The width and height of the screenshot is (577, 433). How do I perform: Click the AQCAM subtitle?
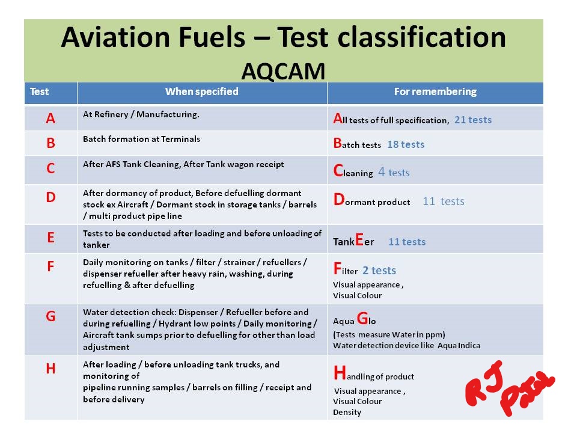[x=283, y=71]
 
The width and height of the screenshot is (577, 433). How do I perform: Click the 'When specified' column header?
[x=202, y=92]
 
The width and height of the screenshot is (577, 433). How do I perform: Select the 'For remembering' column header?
[x=435, y=92]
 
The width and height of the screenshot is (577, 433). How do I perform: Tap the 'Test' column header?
[x=40, y=92]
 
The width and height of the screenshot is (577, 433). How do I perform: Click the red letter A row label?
[x=50, y=119]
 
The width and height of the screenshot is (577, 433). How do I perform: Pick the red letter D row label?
[x=50, y=197]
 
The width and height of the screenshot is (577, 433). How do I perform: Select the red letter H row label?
[x=50, y=369]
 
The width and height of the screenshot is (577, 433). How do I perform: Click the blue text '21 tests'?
[x=473, y=120]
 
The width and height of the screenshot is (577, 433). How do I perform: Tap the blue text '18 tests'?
[x=406, y=144]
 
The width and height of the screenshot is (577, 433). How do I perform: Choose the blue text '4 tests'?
[x=394, y=173]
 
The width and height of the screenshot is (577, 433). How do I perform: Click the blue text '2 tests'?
[x=379, y=271]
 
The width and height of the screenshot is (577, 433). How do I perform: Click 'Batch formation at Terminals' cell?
[x=142, y=139]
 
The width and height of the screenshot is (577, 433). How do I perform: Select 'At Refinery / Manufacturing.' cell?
[x=141, y=114]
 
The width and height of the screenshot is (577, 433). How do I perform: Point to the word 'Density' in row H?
[x=347, y=413]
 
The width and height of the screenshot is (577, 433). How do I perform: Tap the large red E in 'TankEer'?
[x=359, y=240]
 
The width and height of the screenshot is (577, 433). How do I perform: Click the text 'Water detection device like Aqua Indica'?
[x=407, y=346]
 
